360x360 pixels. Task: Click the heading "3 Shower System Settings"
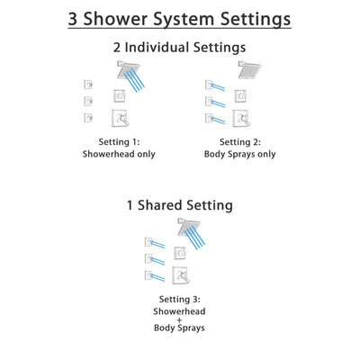(180, 19)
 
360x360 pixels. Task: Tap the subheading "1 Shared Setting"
(180, 205)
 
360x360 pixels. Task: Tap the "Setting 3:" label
(179, 300)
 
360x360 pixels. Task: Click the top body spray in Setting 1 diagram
(87, 84)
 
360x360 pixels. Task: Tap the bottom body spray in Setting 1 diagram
(87, 117)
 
